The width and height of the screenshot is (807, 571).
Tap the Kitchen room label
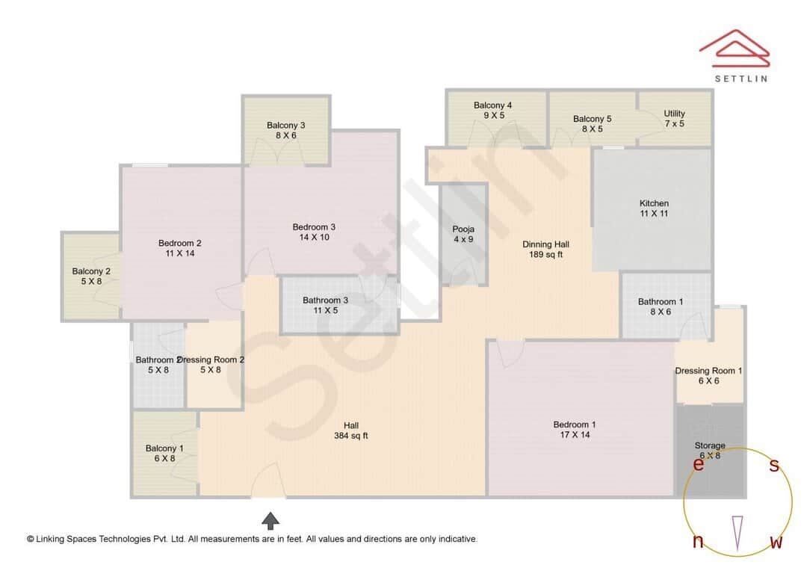click(x=654, y=203)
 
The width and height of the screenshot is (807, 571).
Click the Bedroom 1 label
click(x=575, y=425)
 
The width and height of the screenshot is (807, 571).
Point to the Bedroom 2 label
click(x=179, y=243)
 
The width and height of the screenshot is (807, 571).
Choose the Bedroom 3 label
click(x=314, y=227)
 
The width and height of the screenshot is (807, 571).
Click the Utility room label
click(x=674, y=114)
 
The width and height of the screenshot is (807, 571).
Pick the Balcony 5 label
click(x=592, y=119)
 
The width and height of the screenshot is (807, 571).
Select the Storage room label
click(x=710, y=445)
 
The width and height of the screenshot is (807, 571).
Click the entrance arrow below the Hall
click(x=270, y=519)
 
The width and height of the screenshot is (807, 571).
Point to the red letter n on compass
click(x=698, y=542)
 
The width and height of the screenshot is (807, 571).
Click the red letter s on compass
click(x=774, y=466)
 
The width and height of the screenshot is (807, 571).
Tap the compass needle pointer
click(x=738, y=533)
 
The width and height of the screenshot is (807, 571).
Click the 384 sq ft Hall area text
click(x=350, y=436)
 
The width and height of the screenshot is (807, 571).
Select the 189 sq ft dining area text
click(x=545, y=254)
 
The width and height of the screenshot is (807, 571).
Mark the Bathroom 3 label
click(x=325, y=300)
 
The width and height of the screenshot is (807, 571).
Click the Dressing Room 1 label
click(x=708, y=371)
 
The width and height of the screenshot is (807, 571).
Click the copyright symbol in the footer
click(x=31, y=539)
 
